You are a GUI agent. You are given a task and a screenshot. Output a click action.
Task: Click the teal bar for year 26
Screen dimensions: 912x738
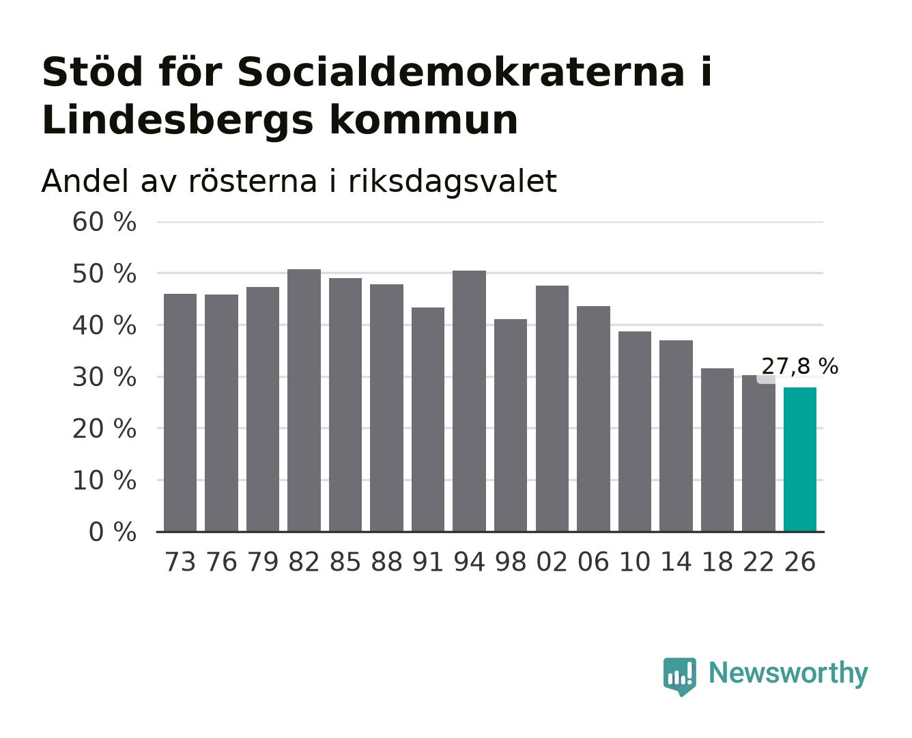tap(799, 459)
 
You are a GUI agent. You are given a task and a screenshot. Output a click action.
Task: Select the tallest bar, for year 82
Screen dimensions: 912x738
tap(304, 400)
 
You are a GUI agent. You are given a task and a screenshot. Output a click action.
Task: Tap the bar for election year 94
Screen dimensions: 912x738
tap(469, 400)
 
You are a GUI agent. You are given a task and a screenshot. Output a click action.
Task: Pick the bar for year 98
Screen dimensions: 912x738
tap(511, 425)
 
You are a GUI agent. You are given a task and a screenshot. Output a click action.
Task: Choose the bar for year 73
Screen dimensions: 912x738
tap(180, 413)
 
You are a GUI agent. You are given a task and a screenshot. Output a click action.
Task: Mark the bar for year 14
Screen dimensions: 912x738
tap(676, 436)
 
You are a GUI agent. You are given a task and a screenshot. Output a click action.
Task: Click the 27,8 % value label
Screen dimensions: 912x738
tap(799, 366)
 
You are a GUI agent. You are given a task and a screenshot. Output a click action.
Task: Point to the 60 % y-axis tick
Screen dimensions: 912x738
tap(104, 222)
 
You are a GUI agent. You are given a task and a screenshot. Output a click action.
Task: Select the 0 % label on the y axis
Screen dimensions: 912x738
tap(112, 532)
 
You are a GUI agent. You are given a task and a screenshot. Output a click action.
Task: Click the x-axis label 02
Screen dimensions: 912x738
tap(552, 562)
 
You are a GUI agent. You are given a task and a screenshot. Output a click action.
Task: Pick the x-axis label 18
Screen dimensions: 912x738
tap(717, 562)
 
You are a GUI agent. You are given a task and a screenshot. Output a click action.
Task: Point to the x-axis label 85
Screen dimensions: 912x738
tap(345, 562)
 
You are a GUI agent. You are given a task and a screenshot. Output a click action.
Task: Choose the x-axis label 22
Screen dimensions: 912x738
tap(758, 562)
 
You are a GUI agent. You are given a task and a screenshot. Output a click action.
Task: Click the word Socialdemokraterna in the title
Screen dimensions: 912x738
tap(461, 72)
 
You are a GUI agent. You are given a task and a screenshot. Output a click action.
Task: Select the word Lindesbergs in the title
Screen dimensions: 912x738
tap(177, 121)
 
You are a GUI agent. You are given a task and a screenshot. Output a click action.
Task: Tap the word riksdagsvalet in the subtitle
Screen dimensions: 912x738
tap(452, 182)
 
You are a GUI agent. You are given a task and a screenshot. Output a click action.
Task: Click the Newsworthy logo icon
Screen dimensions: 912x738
tap(679, 676)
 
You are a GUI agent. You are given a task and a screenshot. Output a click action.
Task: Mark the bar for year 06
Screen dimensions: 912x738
tap(593, 419)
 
